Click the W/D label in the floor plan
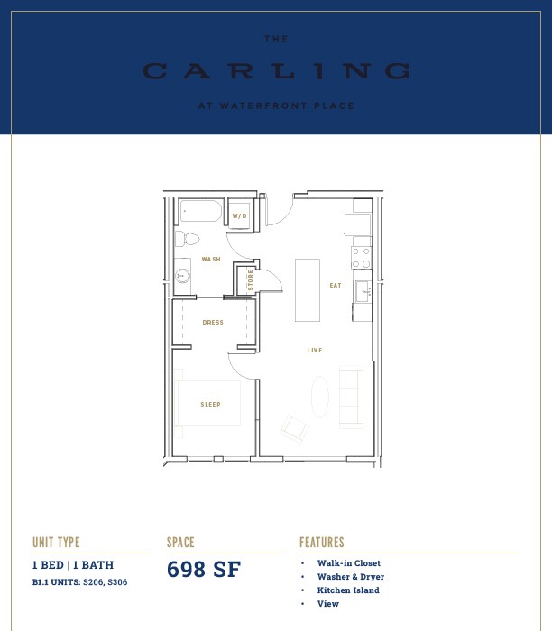point(239,216)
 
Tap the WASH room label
point(211,260)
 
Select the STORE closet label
point(251,280)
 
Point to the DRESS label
point(213,323)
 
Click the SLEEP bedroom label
point(210,405)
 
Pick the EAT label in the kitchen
point(336,286)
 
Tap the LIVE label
point(315,351)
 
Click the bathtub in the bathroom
point(201,211)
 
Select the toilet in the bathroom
point(188,239)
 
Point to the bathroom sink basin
point(182,276)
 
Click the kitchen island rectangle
point(308,290)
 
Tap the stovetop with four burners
point(361,258)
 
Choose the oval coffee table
point(320,397)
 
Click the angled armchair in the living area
point(295,429)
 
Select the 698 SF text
point(204,570)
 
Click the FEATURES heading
point(322,543)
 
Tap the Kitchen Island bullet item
point(348,590)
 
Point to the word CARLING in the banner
point(276,71)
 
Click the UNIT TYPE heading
point(56,543)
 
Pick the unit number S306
point(117,582)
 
